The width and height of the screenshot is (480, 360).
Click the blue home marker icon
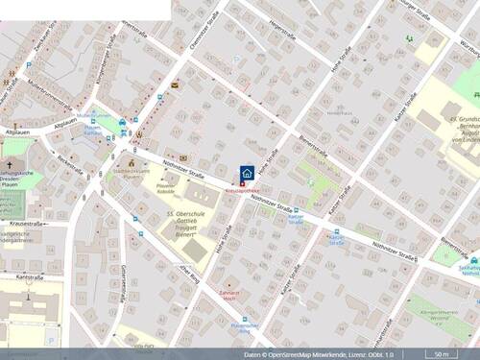coord(247,173)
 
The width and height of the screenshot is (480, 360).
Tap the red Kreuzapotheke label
coord(243,191)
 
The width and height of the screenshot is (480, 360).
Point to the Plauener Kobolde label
coord(166,189)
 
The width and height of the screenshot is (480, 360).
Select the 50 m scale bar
coord(442,353)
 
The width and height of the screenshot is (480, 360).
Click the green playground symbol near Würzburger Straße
coord(409,39)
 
